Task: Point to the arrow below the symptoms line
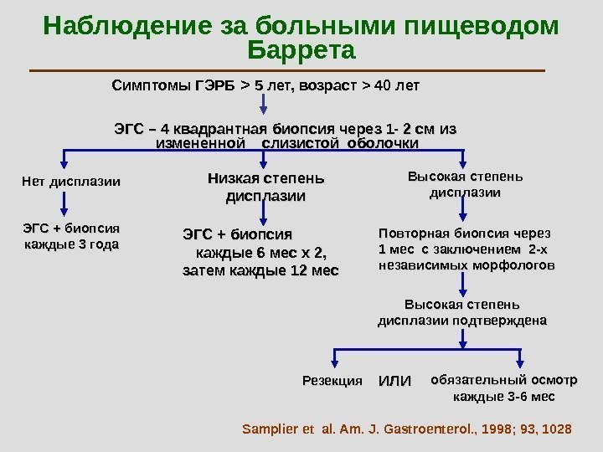[x=267, y=105]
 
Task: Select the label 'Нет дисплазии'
[x=70, y=181]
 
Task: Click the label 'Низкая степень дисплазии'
[x=265, y=187]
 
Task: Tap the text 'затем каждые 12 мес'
[x=260, y=271]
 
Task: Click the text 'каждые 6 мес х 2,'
[x=260, y=253]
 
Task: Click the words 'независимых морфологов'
[x=466, y=265]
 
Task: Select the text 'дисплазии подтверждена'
[x=462, y=320]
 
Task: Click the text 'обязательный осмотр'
[x=503, y=379]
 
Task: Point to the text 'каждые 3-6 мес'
[x=503, y=397]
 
